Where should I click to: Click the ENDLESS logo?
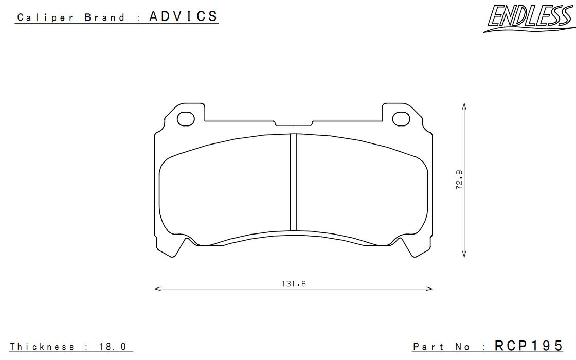tap(529, 17)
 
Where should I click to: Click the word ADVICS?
tap(183, 16)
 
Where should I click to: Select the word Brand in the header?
tap(105, 17)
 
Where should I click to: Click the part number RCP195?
tap(528, 346)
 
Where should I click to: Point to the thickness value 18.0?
tap(113, 347)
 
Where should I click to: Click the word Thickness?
tap(42, 347)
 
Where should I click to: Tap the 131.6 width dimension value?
tap(294, 283)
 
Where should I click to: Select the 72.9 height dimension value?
tap(459, 179)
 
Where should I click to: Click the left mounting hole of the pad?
tap(186, 119)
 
